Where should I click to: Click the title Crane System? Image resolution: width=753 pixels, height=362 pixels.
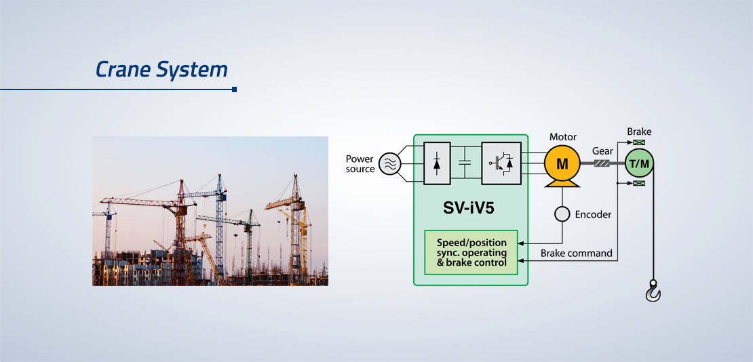coord(161,70)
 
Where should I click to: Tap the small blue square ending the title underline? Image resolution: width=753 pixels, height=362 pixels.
coord(234,89)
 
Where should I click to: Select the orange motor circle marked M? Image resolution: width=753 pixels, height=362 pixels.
coord(562,164)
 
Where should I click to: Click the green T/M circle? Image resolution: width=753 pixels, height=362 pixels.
coord(639,164)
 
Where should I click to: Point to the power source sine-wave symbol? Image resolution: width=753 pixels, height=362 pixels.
coord(389,164)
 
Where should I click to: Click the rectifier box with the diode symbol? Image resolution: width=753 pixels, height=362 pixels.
coord(437,163)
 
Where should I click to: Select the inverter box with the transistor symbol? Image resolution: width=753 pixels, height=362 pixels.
coord(501,163)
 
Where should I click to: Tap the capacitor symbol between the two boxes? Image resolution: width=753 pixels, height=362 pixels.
coord(465,163)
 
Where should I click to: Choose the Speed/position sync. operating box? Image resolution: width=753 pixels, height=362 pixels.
coord(471,252)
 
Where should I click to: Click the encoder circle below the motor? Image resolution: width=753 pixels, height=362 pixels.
coord(562,214)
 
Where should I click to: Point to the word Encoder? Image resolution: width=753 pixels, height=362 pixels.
coord(593,215)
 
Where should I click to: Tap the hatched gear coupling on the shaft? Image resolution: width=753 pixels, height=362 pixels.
coord(602,164)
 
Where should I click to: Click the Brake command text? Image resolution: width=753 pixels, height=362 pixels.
coord(576,253)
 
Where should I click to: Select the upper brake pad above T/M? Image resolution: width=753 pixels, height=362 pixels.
coord(639,142)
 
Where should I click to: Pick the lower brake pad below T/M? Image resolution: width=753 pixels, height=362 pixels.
coord(639,183)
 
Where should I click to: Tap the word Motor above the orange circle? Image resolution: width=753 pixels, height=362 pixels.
coord(563,138)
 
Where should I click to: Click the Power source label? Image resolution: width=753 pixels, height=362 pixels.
coord(360,164)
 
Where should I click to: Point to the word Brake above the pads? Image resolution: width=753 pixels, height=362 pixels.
coord(639,132)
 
